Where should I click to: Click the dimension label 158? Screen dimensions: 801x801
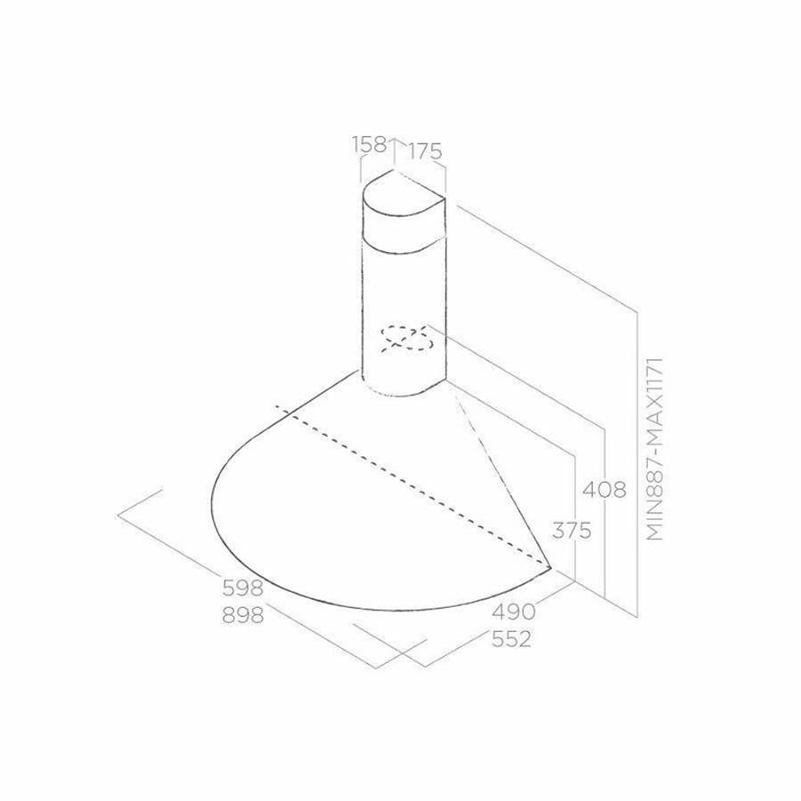[x=370, y=144]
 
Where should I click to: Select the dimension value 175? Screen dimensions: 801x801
[x=425, y=151]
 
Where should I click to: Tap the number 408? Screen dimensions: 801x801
[x=603, y=489]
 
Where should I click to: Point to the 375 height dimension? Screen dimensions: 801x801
[x=571, y=532]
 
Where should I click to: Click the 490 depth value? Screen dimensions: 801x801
[x=513, y=612]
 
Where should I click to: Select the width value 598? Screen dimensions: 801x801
[x=242, y=588]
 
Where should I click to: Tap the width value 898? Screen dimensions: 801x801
[x=242, y=615]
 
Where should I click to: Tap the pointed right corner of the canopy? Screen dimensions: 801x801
[x=551, y=566]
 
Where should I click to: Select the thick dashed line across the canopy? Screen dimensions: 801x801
[x=410, y=486]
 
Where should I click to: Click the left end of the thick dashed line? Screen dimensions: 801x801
[x=278, y=410]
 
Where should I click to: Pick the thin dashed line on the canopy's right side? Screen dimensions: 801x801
[x=503, y=481]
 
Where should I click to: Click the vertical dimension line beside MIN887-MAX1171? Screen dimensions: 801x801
[x=638, y=463]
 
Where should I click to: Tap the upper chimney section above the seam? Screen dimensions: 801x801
[x=401, y=218]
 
